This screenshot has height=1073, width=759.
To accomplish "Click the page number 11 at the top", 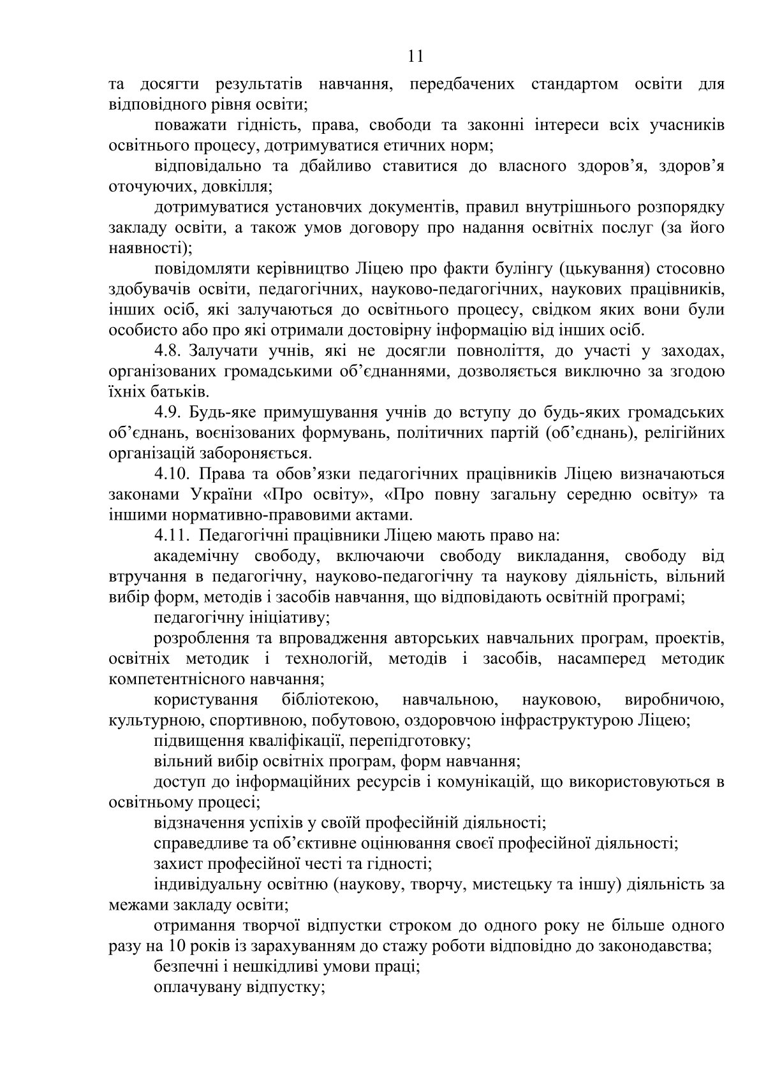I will tap(415, 57).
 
